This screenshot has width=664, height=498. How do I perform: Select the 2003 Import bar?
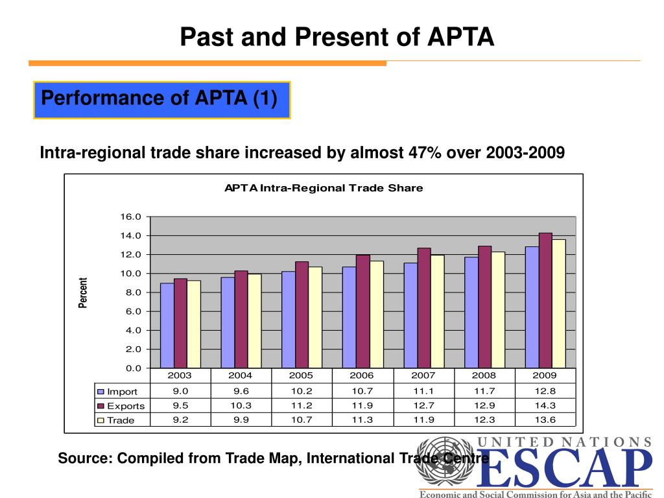pos(167,326)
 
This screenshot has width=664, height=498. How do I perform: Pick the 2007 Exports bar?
pos(424,308)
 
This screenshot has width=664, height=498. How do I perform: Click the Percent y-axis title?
pos(83,293)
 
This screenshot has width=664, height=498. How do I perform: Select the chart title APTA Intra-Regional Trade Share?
pos(324,188)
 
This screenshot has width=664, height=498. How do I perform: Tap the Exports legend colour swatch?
pos(101,406)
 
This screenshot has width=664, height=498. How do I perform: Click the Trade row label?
pos(121,420)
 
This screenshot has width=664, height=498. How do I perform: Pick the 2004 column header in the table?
pos(240,375)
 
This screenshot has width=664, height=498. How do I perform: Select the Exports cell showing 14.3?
pos(544,405)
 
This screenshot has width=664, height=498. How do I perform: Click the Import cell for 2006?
pos(362,391)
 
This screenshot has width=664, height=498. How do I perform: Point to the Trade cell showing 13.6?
pos(544,420)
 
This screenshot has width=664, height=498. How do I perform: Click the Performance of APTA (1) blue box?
pos(161,100)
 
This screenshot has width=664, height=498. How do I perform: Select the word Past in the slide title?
pos(202,36)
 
